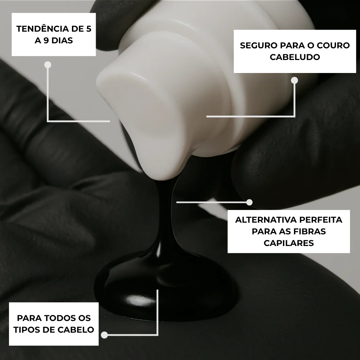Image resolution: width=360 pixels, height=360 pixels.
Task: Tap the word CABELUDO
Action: pos(295,57)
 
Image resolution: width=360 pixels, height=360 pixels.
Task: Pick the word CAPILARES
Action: pos(289,243)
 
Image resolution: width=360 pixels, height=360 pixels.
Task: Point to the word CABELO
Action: pos(76,330)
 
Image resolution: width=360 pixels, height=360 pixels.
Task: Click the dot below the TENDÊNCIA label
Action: pos(48,65)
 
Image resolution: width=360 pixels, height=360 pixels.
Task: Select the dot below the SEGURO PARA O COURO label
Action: pos(294,80)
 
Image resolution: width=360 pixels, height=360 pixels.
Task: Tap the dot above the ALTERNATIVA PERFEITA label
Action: pos(249,202)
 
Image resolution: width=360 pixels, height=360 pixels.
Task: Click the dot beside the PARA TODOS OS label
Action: pos(104,335)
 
